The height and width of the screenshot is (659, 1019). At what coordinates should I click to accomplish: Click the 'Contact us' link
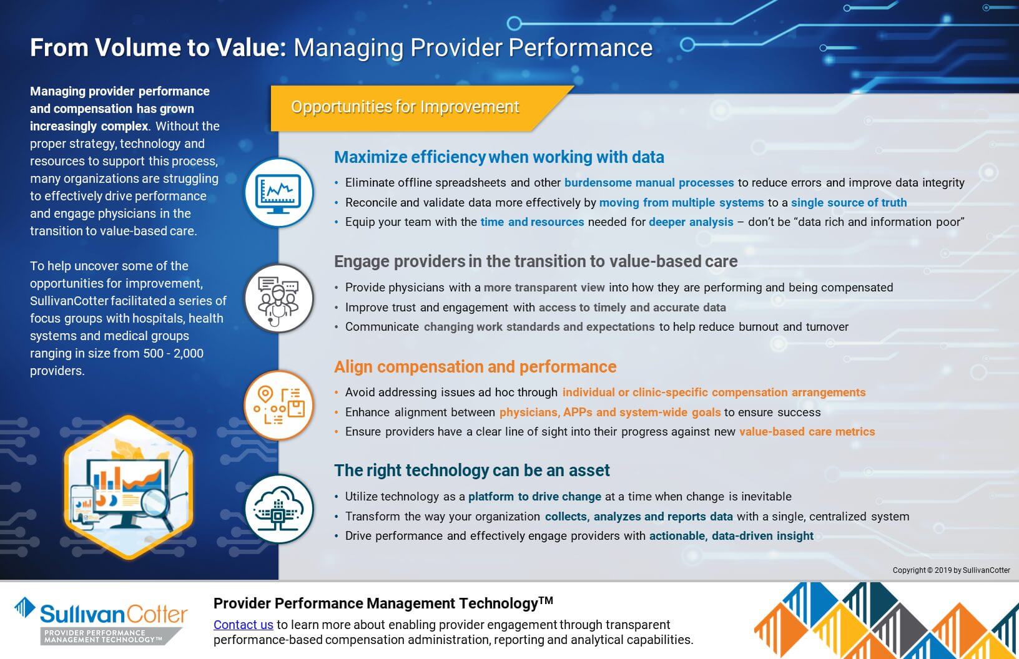click(x=243, y=625)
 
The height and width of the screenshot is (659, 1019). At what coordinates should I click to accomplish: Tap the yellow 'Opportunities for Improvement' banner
click(x=405, y=107)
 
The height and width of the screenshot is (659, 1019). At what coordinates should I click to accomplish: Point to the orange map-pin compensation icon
click(x=278, y=404)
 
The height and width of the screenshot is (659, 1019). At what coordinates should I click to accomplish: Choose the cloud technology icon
click(x=278, y=509)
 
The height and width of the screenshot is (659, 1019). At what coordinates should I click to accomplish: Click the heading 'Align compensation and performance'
click(x=475, y=367)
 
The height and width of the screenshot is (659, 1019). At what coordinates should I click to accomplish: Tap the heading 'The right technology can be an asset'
click(x=471, y=471)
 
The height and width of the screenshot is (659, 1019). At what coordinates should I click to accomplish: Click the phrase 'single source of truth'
click(x=849, y=203)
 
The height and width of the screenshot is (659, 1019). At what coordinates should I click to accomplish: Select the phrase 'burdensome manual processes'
click(x=649, y=183)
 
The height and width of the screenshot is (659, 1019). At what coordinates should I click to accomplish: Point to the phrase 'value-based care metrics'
click(x=807, y=432)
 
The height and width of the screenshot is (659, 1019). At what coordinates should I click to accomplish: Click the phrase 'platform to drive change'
click(x=534, y=497)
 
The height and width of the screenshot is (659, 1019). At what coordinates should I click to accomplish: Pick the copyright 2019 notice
click(x=951, y=570)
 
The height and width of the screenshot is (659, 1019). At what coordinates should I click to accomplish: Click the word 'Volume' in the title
click(x=137, y=48)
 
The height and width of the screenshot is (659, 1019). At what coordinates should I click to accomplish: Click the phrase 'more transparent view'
click(x=544, y=288)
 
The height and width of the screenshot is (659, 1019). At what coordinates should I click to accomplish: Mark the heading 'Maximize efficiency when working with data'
click(x=498, y=157)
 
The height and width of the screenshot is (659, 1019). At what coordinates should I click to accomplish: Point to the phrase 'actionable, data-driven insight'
click(x=731, y=536)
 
